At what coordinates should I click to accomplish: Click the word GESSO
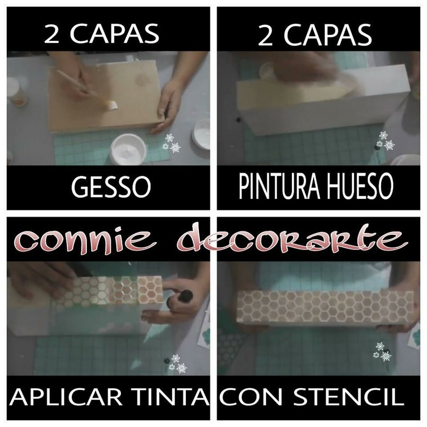(x=111, y=187)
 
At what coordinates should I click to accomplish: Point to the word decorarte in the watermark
(x=291, y=236)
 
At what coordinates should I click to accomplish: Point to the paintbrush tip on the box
(x=111, y=104)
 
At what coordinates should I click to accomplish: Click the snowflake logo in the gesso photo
(x=172, y=143)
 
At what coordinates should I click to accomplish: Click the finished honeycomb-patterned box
(x=325, y=309)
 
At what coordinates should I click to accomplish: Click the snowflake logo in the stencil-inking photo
(x=177, y=364)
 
